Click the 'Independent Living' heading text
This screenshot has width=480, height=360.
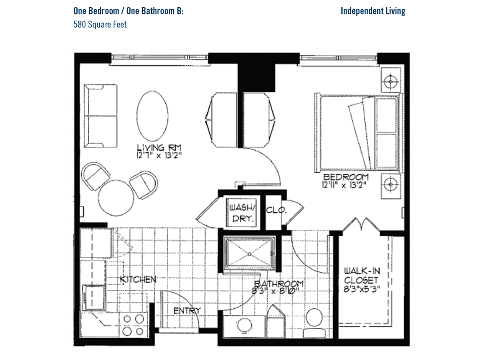pos(373,11)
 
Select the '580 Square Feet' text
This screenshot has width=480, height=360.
pos(100,24)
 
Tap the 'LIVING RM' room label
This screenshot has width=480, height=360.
pos(159,147)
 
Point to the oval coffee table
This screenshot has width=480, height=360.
pos(152,116)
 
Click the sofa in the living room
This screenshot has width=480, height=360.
pos(101,116)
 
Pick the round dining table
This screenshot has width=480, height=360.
pos(116,198)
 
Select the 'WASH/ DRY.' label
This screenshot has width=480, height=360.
pos(242,213)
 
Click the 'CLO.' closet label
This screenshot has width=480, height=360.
pos(276,210)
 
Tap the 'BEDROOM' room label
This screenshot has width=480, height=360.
pos(346,177)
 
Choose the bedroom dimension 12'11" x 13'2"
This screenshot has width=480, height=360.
pos(344,185)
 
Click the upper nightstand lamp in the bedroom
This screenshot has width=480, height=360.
pos(391,82)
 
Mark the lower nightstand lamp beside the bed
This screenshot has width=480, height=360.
pos(391,185)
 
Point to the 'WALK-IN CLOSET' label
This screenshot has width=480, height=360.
pos(362,275)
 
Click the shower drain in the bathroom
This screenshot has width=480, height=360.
pos(250,254)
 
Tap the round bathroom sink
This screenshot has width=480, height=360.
pos(245,325)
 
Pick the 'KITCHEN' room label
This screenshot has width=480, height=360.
pos(138,279)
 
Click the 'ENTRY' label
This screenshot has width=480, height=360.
pos(187,311)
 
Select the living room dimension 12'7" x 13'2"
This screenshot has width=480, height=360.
pos(159,156)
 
